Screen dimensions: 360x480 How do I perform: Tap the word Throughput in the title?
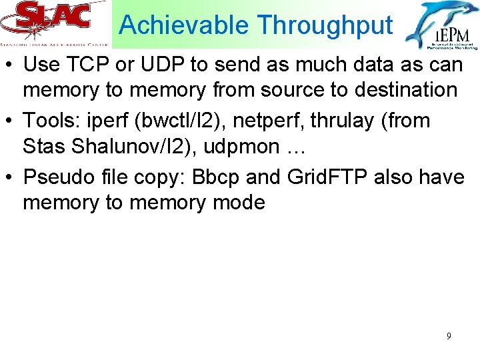pos(325,25)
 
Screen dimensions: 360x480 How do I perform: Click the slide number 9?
pos(449,336)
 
